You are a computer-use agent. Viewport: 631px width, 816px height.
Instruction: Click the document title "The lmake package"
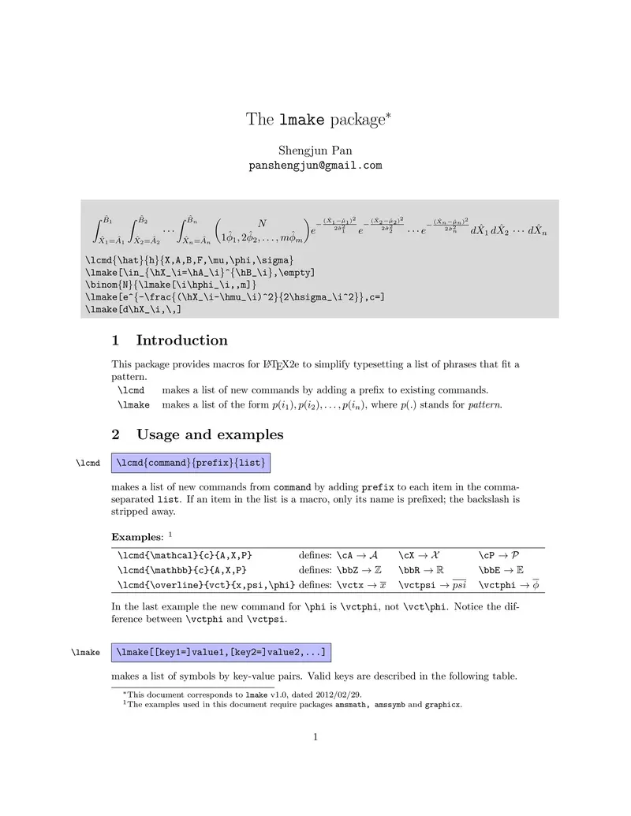[318, 120]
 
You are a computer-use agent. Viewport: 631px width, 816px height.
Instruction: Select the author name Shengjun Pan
[315, 151]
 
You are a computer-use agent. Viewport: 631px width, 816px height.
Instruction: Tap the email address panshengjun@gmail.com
[315, 166]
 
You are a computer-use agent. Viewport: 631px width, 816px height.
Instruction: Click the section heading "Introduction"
[181, 341]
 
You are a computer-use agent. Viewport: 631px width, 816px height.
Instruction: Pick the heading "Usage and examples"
[210, 434]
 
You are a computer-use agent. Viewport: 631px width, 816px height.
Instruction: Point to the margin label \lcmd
[88, 462]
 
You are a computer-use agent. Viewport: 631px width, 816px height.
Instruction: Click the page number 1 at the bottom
[315, 737]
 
